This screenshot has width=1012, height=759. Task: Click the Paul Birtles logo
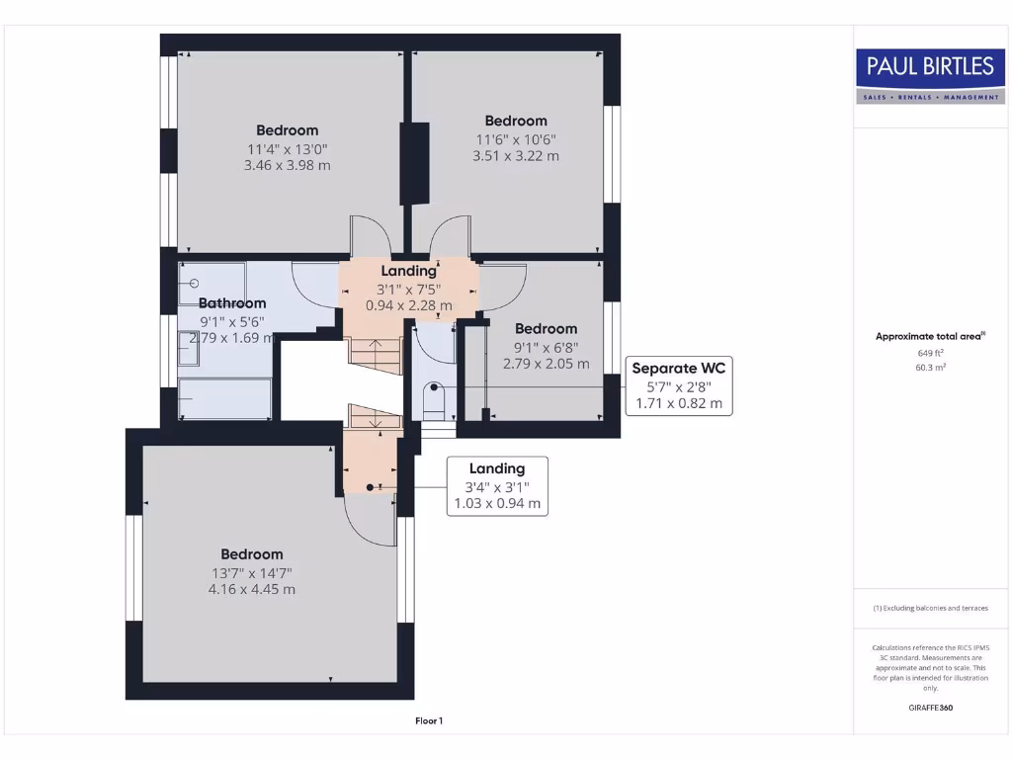coord(929,75)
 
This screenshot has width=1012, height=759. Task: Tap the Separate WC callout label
coord(678,369)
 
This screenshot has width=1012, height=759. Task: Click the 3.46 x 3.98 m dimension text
coord(287,166)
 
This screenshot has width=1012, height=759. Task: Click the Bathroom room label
coord(232,303)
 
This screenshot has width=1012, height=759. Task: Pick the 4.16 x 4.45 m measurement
coord(252,590)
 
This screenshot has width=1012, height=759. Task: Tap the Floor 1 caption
coord(429,721)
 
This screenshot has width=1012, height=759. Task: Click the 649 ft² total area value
coord(929,353)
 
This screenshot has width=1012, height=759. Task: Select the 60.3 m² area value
coord(929,368)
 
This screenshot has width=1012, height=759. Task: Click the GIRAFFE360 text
coord(929,708)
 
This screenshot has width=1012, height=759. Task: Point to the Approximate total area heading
coord(929,336)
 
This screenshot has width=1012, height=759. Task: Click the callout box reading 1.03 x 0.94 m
coord(497,504)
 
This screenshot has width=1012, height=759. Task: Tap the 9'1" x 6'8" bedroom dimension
coord(546,347)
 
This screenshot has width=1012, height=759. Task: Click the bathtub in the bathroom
coord(224,397)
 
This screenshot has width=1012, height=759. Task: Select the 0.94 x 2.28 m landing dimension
coord(409,305)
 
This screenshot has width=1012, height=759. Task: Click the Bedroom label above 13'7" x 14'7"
coord(252,554)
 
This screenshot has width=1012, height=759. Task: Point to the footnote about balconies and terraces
coord(929,608)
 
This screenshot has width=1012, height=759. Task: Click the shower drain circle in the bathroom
coord(194,284)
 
